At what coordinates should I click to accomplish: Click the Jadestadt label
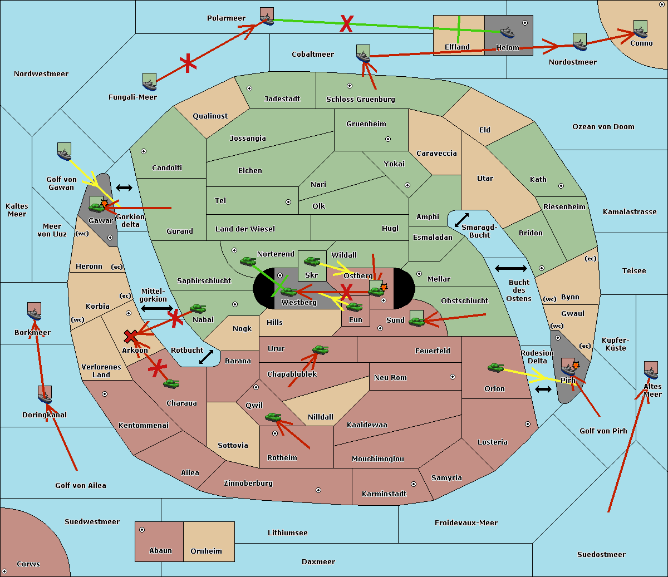point(282,99)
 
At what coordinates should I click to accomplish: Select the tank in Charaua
point(171,383)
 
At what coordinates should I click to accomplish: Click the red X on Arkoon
point(131,336)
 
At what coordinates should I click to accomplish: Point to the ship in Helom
point(507,32)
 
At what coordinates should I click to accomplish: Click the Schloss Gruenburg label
point(360,100)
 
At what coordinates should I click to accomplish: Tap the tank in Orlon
point(496,367)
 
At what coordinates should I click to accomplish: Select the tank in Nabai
point(198,308)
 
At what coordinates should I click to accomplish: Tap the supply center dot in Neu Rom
point(453,377)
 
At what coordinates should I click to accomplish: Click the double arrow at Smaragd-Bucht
point(461,220)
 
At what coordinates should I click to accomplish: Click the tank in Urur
point(320,349)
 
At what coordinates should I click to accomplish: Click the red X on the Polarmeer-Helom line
point(346,23)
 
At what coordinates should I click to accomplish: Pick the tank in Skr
point(312,261)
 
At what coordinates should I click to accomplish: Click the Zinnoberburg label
point(248,484)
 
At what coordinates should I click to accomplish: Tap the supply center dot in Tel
point(288,202)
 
